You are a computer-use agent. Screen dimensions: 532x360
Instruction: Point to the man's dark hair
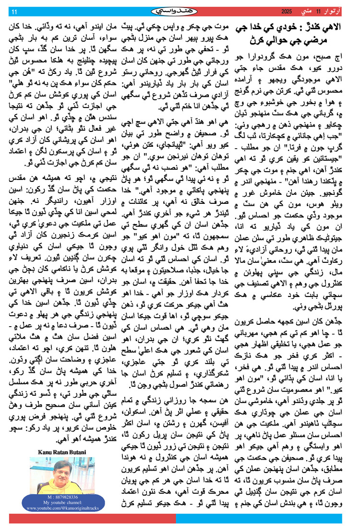click(x=57, y=461)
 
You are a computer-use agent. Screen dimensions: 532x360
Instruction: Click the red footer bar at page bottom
click(x=91, y=518)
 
